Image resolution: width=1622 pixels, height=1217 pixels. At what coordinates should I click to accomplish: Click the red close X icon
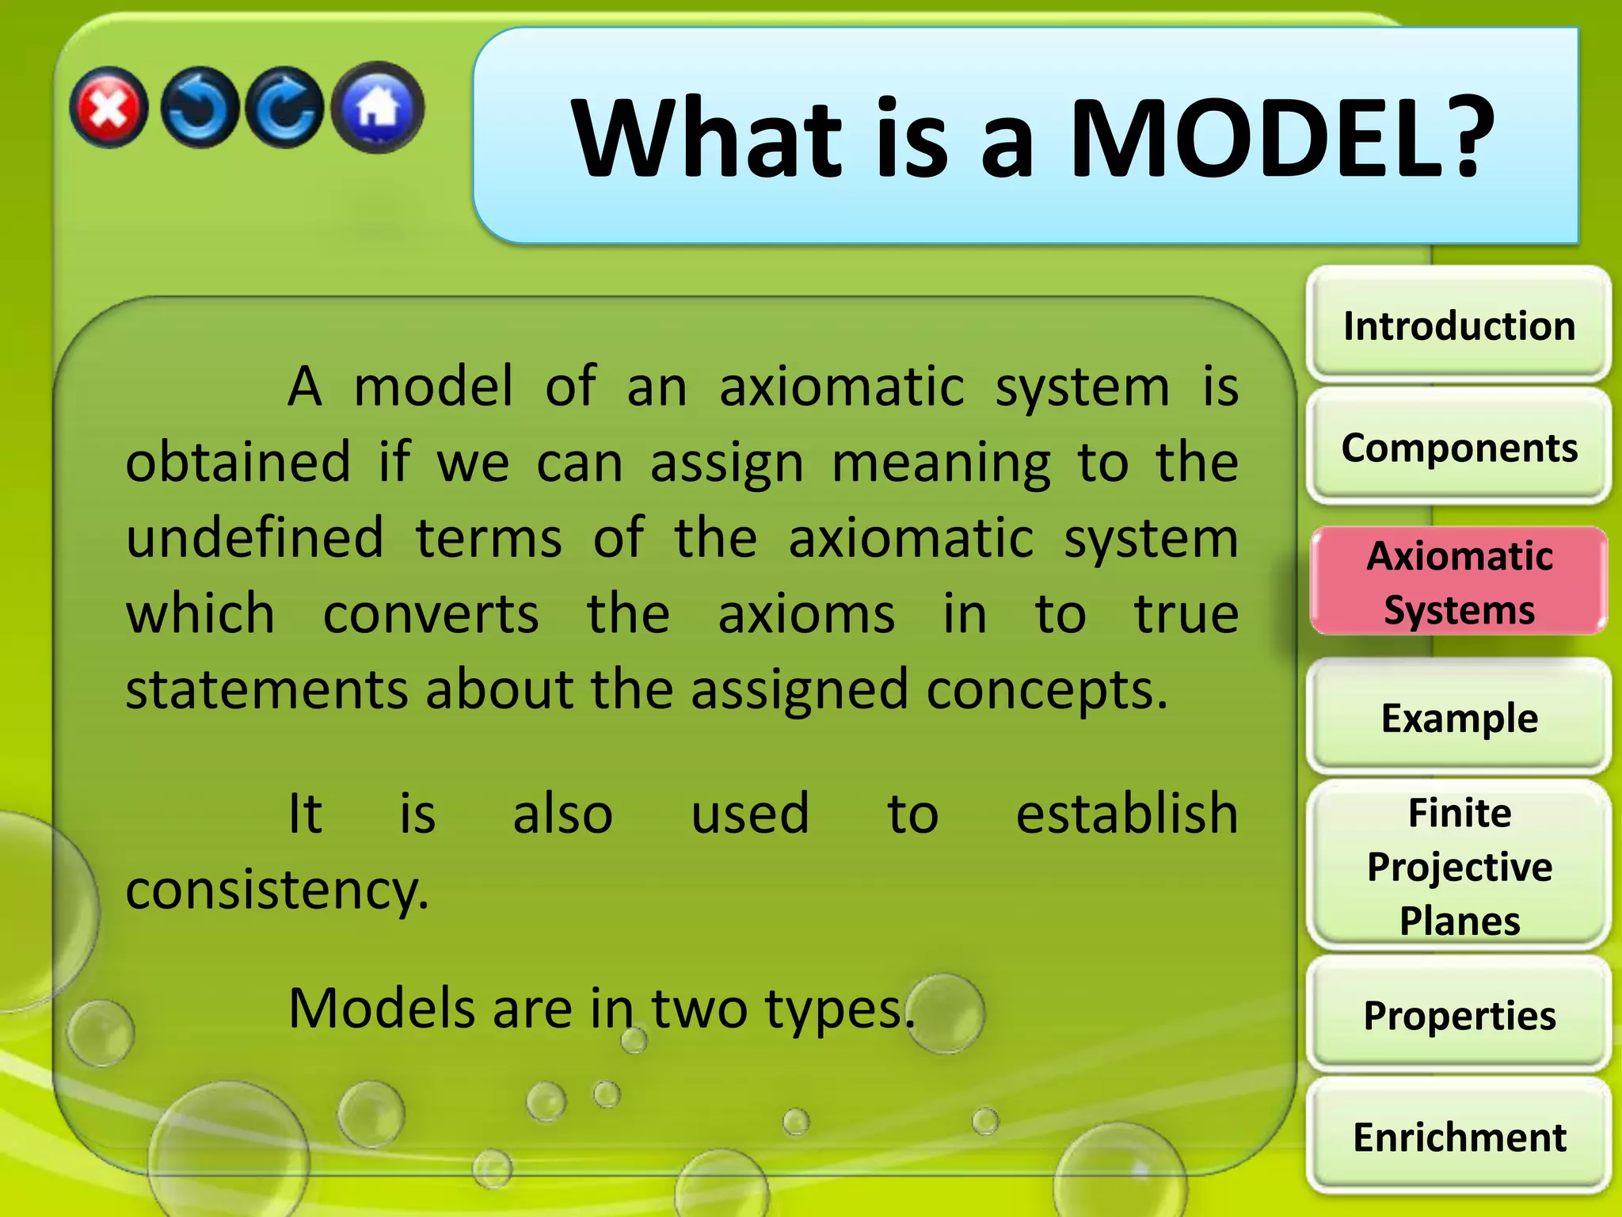(109, 108)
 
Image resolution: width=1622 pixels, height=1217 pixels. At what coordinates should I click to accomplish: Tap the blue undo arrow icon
(199, 109)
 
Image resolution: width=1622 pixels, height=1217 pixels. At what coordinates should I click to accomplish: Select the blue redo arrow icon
(285, 109)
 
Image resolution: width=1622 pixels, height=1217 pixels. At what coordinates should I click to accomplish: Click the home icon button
(378, 107)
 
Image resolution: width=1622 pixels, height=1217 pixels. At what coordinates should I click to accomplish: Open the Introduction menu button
(1459, 326)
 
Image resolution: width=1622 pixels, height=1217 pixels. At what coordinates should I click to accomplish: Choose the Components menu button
(1459, 448)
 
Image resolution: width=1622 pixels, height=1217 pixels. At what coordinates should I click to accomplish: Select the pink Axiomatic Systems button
(1459, 582)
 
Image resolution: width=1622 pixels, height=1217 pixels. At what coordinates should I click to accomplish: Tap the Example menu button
(1459, 719)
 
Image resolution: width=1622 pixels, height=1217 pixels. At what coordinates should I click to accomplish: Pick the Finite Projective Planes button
(1459, 866)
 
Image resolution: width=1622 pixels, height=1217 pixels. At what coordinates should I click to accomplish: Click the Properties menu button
(1459, 1016)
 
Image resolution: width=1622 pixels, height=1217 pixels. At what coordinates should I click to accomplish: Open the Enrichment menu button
(1459, 1138)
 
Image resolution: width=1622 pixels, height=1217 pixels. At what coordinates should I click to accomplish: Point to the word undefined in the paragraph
(255, 537)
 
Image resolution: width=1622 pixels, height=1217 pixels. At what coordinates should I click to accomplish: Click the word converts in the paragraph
(431, 614)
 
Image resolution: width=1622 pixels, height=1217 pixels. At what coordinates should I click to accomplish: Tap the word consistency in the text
(277, 890)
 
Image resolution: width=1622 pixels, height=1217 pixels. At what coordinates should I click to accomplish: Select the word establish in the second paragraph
(1126, 814)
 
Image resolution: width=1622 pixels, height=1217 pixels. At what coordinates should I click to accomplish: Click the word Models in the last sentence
(381, 1009)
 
